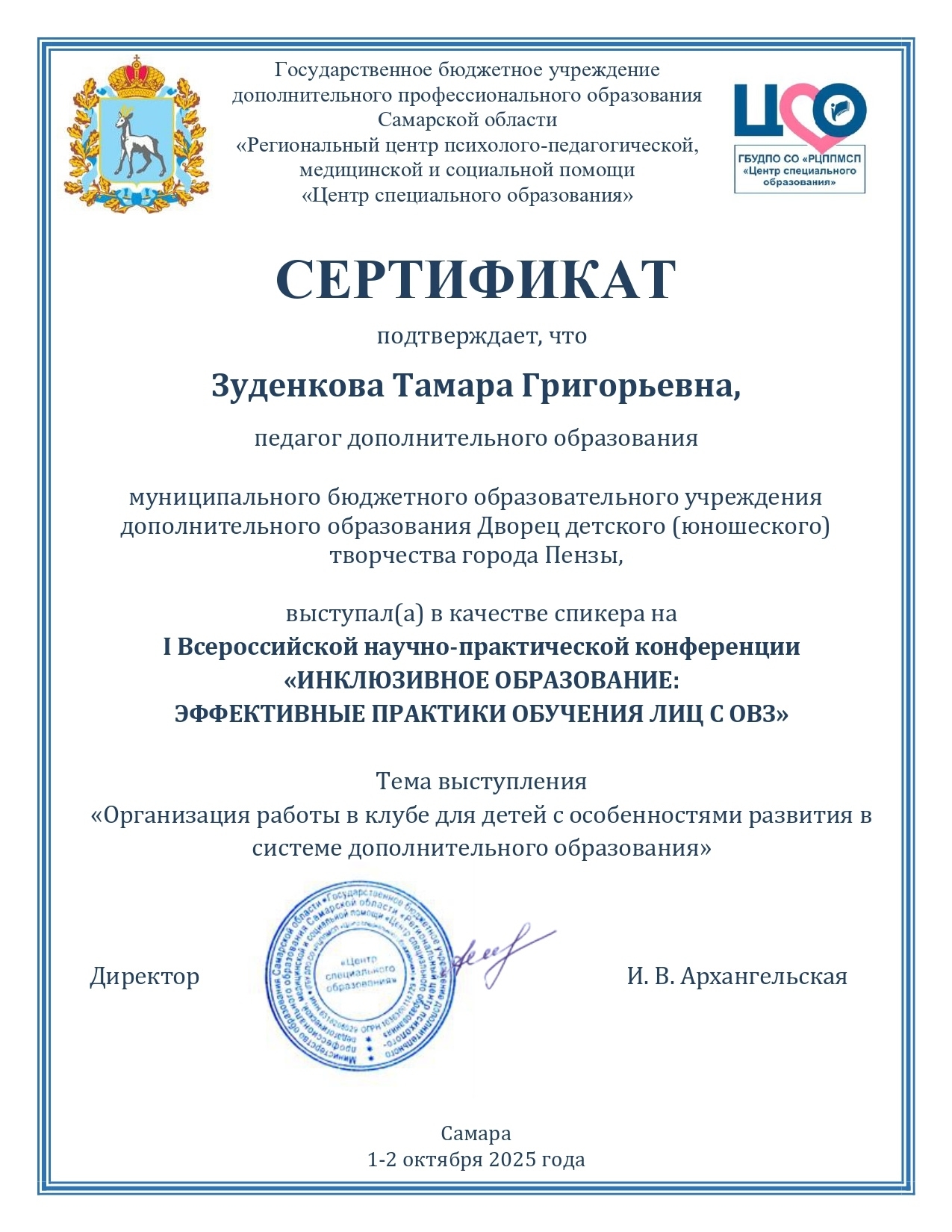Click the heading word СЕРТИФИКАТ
tap(476, 280)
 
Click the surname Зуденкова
tap(297, 386)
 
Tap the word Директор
tap(145, 977)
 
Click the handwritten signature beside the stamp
tap(500, 952)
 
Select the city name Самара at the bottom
tap(476, 1133)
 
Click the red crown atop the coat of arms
tap(136, 75)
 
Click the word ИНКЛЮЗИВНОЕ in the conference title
tap(392, 681)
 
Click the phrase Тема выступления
tap(481, 782)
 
